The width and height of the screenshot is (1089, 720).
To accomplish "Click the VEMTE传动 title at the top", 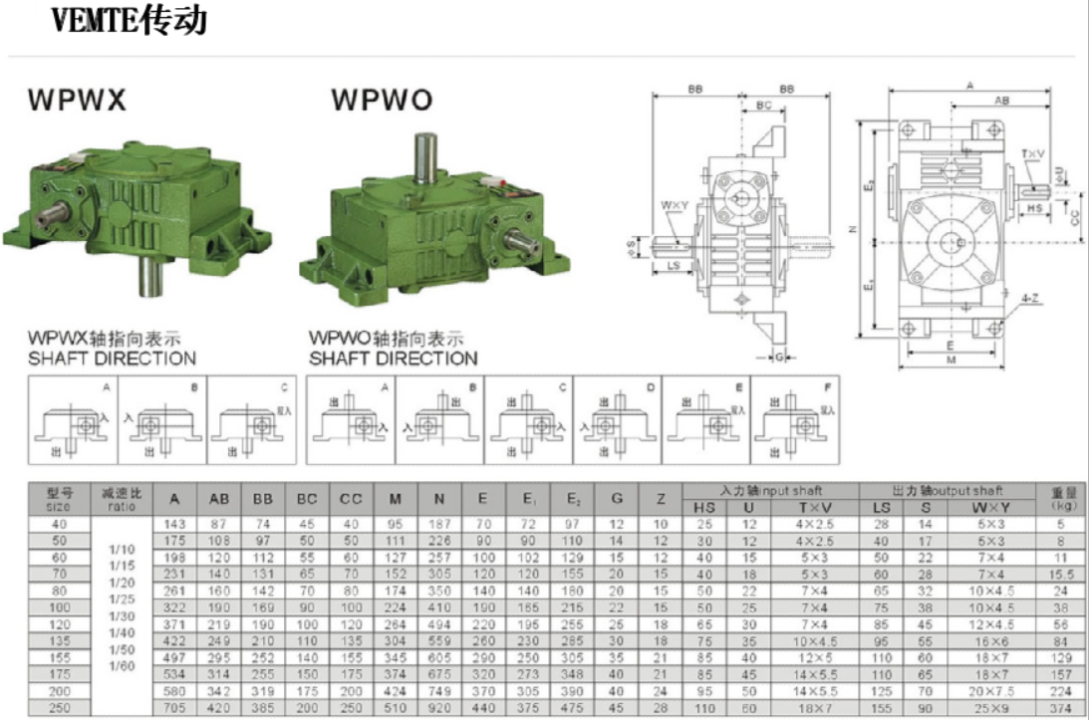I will (x=130, y=21).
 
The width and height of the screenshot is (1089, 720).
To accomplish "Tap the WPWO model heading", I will (x=382, y=102).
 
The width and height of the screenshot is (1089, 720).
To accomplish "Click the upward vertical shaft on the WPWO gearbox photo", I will (x=425, y=159).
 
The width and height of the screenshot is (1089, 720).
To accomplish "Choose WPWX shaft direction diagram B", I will (x=162, y=421).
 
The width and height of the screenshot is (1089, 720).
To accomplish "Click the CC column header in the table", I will (x=350, y=498).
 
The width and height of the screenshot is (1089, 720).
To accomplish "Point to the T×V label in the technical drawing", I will (x=1032, y=154).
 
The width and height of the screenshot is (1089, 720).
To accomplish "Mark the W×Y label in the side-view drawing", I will (x=674, y=206).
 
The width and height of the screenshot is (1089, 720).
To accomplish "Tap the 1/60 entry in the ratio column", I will (x=122, y=664).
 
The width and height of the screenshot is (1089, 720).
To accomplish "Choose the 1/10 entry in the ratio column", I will (x=122, y=547).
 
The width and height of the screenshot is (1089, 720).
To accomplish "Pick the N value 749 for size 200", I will (x=439, y=690).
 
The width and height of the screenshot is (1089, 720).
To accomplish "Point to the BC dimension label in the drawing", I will (x=763, y=105).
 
